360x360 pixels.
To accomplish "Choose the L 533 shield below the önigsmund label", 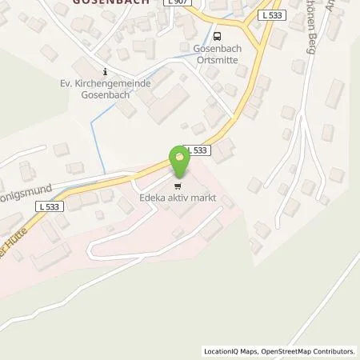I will coord(48,206).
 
